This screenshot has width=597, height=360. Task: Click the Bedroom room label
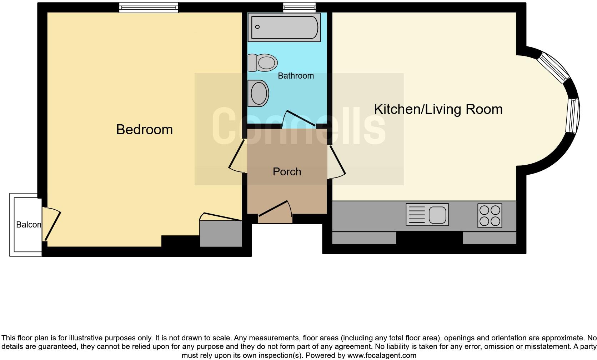tap(144, 130)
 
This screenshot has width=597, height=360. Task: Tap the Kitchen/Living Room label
tap(438, 109)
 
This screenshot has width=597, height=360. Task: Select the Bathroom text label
tap(296, 76)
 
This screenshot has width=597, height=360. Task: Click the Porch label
tap(287, 172)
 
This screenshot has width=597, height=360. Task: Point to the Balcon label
tap(29, 225)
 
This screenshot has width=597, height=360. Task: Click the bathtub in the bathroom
tap(284, 27)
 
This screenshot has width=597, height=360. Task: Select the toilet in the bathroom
tap(263, 63)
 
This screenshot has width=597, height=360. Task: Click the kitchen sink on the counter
tap(427, 215)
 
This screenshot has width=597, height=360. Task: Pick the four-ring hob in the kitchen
tap(490, 216)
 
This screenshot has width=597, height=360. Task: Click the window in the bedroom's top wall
tap(149, 7)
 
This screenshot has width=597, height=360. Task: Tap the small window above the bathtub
tap(299, 7)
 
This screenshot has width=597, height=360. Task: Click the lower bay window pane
tap(572, 115)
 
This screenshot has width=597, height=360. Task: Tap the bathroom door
tap(299, 118)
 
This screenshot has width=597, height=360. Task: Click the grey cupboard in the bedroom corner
tap(221, 234)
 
